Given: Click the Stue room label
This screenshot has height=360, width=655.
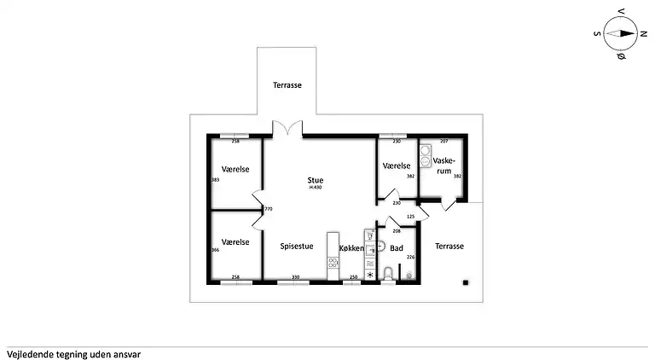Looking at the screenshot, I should [x=316, y=180].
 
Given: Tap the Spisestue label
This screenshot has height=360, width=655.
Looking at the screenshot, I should [x=296, y=247].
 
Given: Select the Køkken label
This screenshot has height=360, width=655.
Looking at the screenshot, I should [x=351, y=248].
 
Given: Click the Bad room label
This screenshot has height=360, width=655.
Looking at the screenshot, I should [x=397, y=248].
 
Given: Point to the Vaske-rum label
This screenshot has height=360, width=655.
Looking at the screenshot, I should [x=443, y=165].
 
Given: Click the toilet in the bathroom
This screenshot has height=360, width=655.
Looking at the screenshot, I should [x=389, y=273].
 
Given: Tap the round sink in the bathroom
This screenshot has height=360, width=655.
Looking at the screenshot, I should [x=381, y=247].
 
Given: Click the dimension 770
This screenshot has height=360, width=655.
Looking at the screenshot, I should [x=268, y=209].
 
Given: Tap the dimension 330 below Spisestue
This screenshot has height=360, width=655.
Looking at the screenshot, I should [x=295, y=277].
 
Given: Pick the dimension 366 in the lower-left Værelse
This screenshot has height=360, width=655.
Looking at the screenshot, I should [x=215, y=249].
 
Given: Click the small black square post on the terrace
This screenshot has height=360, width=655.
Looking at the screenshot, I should [x=465, y=282].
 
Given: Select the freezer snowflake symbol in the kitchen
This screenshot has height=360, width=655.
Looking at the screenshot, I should [x=370, y=275].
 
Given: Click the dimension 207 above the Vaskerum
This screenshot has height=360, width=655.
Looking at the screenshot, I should [x=443, y=141].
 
